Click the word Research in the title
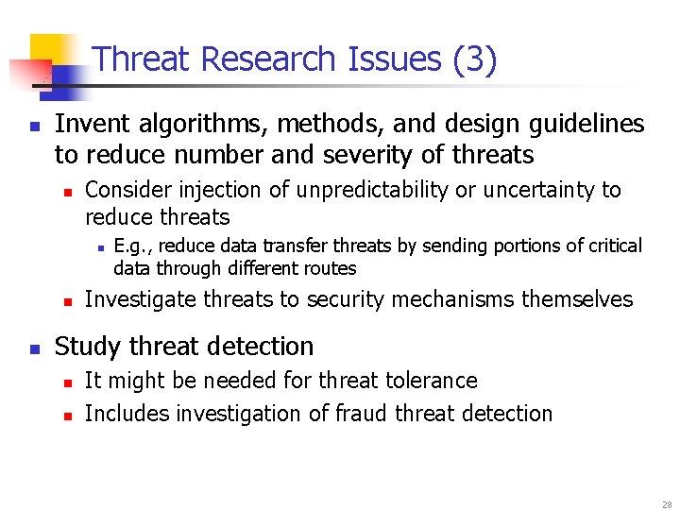269,59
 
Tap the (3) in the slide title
474,59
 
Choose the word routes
328,268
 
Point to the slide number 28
665,504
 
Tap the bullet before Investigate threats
66,301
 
